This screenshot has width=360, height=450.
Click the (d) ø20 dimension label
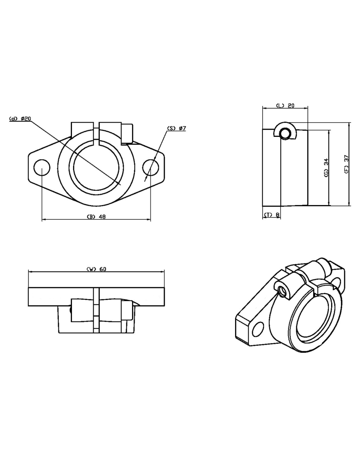click(20, 118)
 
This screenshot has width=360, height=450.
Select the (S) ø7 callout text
click(176, 128)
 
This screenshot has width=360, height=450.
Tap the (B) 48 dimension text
click(96, 217)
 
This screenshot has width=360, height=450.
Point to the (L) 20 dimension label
click(285, 105)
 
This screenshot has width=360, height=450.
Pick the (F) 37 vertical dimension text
click(346, 164)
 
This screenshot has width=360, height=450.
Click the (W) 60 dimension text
click(96, 269)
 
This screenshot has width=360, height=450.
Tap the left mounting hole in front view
click(42, 168)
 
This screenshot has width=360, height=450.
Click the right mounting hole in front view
click(151, 168)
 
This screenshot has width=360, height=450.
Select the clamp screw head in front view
click(127, 133)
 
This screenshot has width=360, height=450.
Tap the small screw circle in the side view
click(285, 133)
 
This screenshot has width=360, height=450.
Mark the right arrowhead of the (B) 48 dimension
click(148, 220)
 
